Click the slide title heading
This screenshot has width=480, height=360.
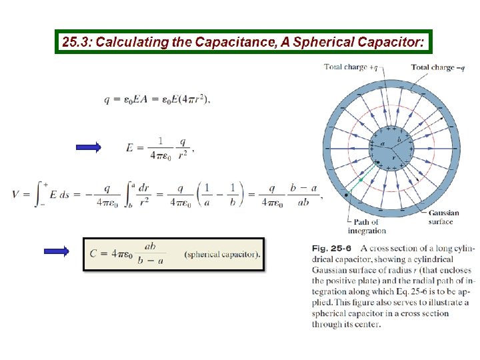[243, 42]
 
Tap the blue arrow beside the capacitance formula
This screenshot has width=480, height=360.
[56, 251]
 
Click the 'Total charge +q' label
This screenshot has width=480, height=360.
[351, 67]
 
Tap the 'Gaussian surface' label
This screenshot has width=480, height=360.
[440, 217]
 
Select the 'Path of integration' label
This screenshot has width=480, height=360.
[366, 226]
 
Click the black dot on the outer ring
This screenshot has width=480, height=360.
[346, 194]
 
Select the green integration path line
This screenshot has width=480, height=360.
[361, 179]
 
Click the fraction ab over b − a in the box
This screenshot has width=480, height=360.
[150, 253]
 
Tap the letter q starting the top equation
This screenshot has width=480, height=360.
[107, 99]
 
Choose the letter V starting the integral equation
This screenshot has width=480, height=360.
[16, 194]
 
